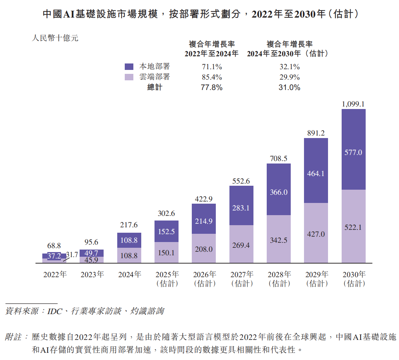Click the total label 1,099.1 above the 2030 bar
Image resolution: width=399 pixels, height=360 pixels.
tap(353, 104)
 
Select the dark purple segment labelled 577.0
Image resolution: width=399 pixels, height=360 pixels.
tap(353, 152)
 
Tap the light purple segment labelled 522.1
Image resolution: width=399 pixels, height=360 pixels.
tap(353, 227)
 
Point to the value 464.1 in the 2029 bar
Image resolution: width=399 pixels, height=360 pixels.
tap(316, 173)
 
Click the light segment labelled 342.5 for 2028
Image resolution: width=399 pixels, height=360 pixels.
tap(279, 240)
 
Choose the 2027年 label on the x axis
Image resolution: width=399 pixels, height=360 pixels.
tap(241, 275)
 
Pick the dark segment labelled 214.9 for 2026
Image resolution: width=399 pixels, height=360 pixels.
tap(204, 221)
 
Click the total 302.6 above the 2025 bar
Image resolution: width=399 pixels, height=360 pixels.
tap(166, 213)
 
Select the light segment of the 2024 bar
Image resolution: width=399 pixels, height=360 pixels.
tap(129, 256)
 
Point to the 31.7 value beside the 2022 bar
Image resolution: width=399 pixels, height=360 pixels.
tap(72, 255)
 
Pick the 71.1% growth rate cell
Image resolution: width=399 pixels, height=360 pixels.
tap(212, 67)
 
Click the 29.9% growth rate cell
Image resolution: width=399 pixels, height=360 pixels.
tap(289, 77)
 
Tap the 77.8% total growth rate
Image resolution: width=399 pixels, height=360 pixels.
tap(212, 87)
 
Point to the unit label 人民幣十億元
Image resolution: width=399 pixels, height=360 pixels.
tap(55, 38)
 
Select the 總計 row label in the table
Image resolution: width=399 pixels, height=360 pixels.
tap(155, 87)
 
